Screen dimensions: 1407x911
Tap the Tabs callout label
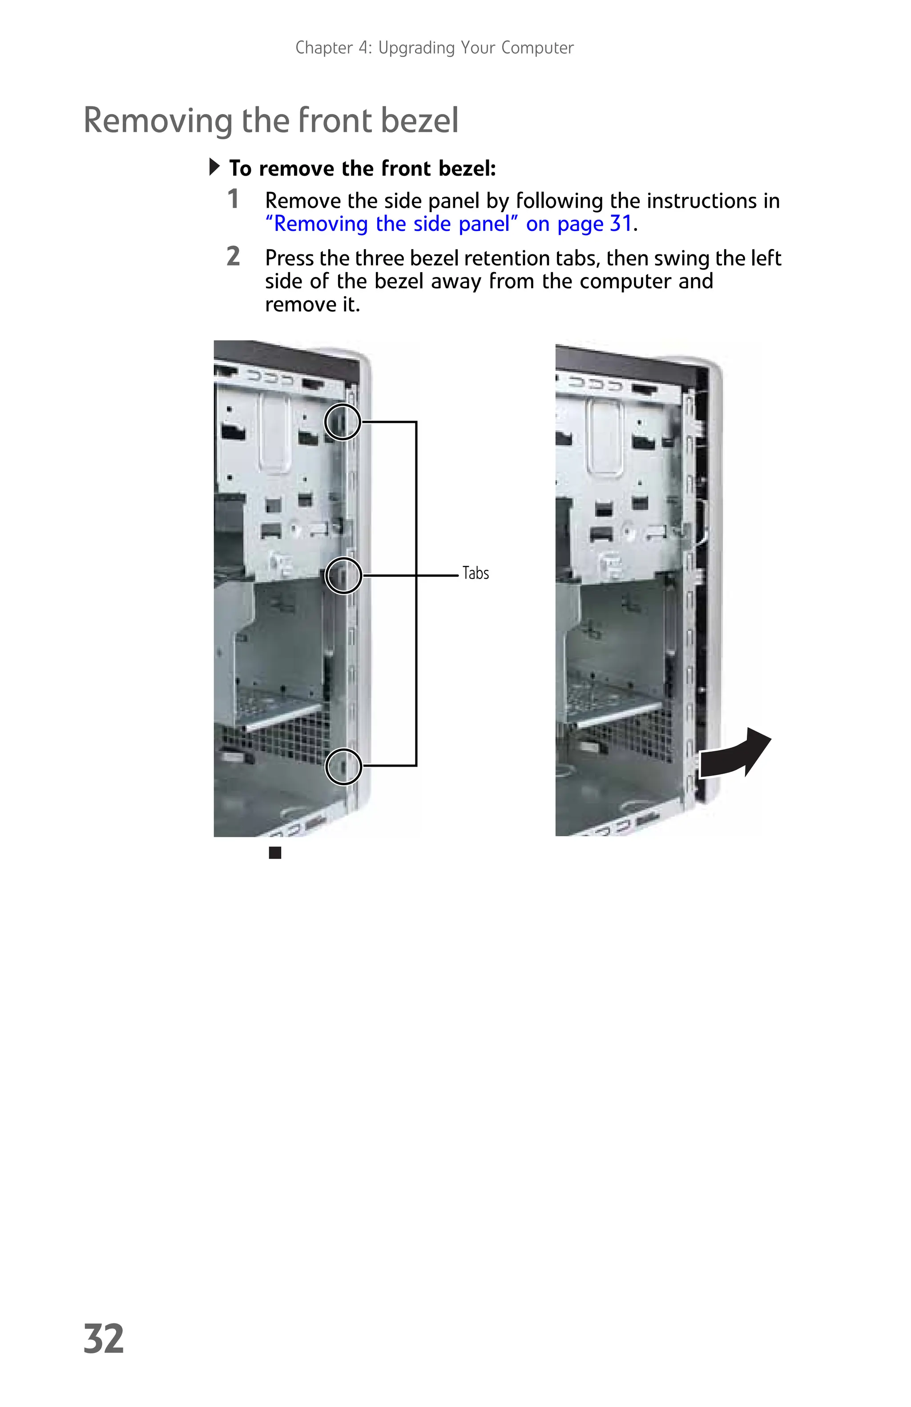point(476,573)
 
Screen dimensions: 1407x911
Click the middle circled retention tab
point(343,575)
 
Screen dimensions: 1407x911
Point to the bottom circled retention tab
point(343,766)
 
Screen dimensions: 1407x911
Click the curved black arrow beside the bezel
point(734,754)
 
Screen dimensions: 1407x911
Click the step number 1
point(234,199)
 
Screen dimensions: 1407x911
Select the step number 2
point(234,257)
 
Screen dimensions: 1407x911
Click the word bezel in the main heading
point(419,120)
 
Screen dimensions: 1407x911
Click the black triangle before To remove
point(214,167)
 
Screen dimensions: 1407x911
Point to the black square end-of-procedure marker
point(275,852)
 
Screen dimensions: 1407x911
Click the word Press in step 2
point(290,258)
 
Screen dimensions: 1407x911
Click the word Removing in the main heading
point(158,120)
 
